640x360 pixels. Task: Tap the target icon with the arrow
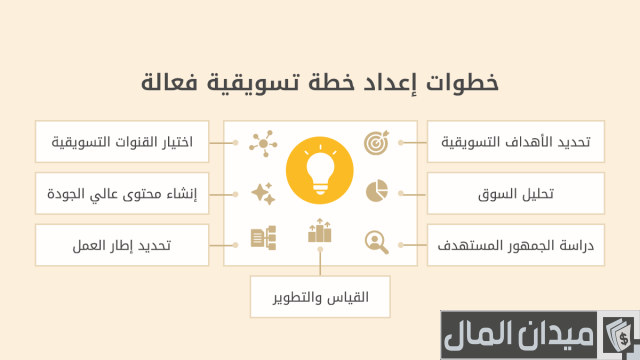click(376, 142)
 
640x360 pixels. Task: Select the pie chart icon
click(376, 190)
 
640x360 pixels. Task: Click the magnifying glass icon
click(376, 240)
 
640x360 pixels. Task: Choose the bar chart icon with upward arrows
click(319, 232)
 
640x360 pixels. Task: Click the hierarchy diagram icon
click(262, 238)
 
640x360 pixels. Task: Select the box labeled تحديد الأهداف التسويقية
click(516, 143)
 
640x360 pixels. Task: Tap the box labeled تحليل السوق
click(516, 192)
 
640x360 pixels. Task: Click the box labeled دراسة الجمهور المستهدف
click(516, 244)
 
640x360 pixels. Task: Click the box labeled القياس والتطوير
click(320, 296)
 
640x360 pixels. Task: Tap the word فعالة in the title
click(173, 82)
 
